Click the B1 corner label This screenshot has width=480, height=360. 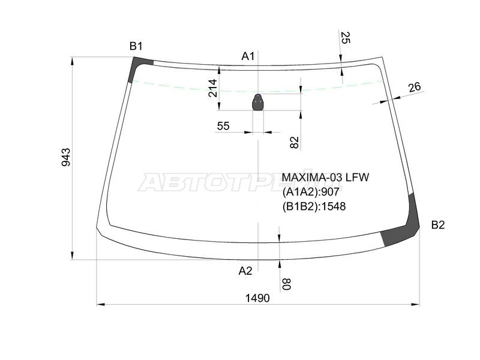[136, 46]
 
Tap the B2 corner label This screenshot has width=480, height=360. [438, 225]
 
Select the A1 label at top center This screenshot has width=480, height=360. [248, 56]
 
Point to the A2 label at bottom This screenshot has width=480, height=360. [245, 271]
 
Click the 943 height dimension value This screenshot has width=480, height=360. [66, 157]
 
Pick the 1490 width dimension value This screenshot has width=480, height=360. [257, 298]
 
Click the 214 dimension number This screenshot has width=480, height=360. [212, 88]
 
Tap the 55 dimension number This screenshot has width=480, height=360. [223, 126]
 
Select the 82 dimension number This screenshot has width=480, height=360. [294, 142]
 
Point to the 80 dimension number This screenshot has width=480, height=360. [286, 284]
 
